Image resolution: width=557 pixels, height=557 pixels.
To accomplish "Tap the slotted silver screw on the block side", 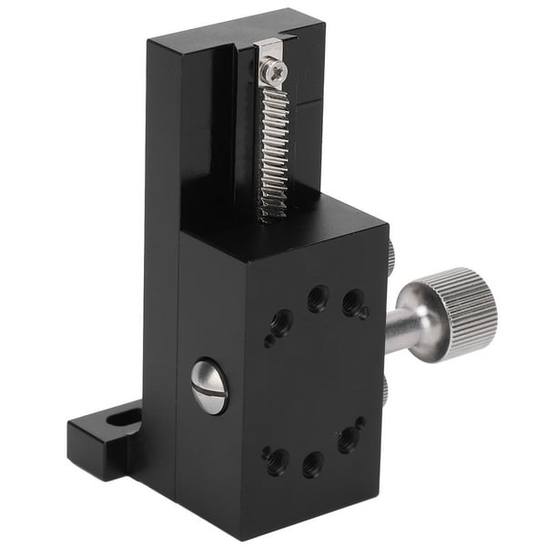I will pyautogui.click(x=209, y=386).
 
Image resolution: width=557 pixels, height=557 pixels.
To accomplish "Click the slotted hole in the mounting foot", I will pyautogui.click(x=116, y=421).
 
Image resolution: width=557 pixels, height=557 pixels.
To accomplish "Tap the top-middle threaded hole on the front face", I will pyautogui.click(x=317, y=298).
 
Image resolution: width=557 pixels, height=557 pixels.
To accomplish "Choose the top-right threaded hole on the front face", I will pyautogui.click(x=351, y=304).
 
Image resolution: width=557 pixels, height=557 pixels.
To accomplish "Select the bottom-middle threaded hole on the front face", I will pyautogui.click(x=312, y=465).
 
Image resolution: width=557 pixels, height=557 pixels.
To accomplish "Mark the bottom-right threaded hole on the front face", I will pyautogui.click(x=347, y=441).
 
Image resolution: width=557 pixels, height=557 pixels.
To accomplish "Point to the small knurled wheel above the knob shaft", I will pyautogui.click(x=390, y=258).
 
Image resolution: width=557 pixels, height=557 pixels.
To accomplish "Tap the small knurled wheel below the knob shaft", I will pyautogui.click(x=386, y=391).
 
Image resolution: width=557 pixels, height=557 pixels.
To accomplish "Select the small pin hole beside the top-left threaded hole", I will pyautogui.click(x=268, y=342).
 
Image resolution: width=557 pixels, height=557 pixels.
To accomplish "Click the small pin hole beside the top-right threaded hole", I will pyautogui.click(x=365, y=314).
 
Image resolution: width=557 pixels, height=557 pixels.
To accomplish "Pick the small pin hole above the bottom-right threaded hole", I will pyautogui.click(x=360, y=422).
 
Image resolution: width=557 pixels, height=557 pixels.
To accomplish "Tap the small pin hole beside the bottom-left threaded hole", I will pyautogui.click(x=265, y=448).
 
